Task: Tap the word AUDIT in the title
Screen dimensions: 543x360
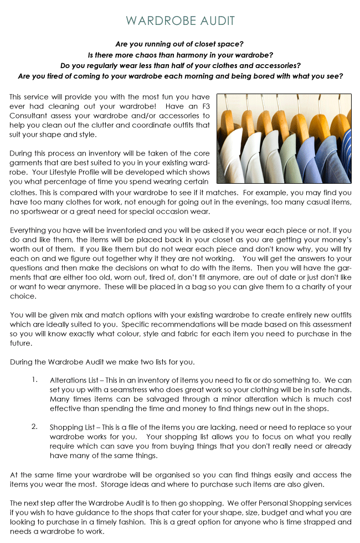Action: [215, 21]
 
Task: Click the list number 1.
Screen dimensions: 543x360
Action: [34, 380]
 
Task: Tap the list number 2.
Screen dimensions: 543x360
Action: [34, 427]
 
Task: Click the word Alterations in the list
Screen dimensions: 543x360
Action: [68, 380]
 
